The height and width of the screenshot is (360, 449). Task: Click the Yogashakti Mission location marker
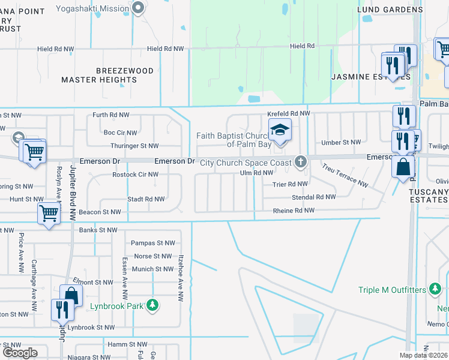139,8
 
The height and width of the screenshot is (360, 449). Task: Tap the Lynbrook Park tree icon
153,305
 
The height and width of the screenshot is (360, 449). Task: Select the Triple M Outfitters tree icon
435,290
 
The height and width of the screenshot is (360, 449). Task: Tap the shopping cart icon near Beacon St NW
49,212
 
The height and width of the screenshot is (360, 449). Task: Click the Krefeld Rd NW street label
289,113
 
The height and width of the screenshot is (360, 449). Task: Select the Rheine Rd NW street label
294,211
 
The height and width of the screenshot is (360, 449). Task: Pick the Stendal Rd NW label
313,197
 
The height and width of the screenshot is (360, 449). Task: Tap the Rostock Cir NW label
136,175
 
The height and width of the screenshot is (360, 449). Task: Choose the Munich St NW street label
154,269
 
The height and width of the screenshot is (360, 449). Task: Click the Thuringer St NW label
134,146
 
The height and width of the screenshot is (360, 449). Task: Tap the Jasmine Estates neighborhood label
371,77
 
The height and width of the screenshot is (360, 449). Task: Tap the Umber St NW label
341,142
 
